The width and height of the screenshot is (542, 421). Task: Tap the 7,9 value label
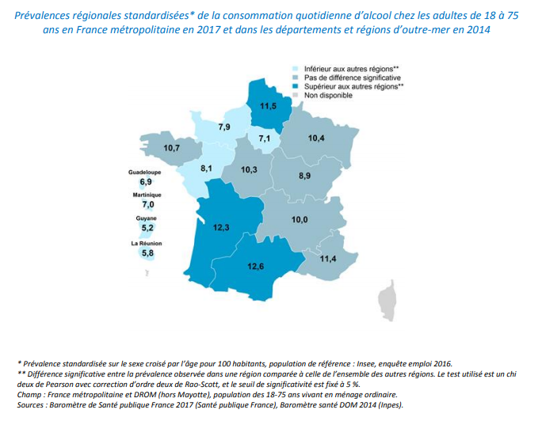point(224,127)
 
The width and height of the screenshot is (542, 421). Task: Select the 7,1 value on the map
point(265,138)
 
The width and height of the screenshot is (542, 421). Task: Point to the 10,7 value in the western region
point(172,147)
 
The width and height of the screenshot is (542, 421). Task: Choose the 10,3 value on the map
point(250,169)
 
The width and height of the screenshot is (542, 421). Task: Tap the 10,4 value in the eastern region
point(316,138)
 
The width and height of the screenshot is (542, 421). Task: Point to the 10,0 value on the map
point(299,219)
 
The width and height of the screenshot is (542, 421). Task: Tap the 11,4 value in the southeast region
point(327,259)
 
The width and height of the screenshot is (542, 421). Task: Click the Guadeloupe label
point(146,171)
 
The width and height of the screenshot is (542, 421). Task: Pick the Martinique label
point(147,195)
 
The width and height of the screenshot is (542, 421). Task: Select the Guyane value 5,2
point(147,229)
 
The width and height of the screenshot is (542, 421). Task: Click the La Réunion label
point(147,243)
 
